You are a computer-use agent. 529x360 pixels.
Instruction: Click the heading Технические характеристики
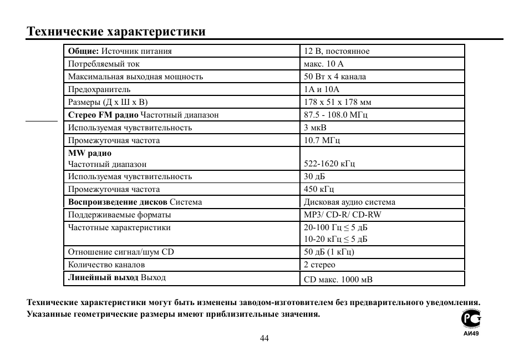coord(116,31)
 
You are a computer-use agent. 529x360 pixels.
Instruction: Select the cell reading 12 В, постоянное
coord(337,51)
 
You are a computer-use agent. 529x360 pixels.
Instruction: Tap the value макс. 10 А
coord(324,64)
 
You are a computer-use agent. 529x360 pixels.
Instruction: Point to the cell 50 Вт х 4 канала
coord(335,77)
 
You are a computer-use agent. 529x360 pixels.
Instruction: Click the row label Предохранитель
coord(99,89)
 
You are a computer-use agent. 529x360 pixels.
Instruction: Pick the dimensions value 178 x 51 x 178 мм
coord(338,102)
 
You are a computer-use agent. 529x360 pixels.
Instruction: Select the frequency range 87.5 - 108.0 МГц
coord(335,115)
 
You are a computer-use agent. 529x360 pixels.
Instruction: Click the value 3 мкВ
coord(315,128)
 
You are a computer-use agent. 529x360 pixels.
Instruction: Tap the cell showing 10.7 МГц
coord(318,140)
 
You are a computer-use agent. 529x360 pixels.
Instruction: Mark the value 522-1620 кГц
coord(329,164)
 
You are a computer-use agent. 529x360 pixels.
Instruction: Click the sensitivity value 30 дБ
coord(314,176)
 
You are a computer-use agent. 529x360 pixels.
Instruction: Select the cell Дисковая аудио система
coord(349,202)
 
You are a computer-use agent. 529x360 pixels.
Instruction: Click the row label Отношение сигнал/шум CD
coord(121,252)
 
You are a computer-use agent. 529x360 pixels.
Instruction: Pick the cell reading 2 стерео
coord(319,265)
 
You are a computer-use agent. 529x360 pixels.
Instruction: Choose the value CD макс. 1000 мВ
coord(338,280)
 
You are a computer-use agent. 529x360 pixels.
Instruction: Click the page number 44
coord(264,339)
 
